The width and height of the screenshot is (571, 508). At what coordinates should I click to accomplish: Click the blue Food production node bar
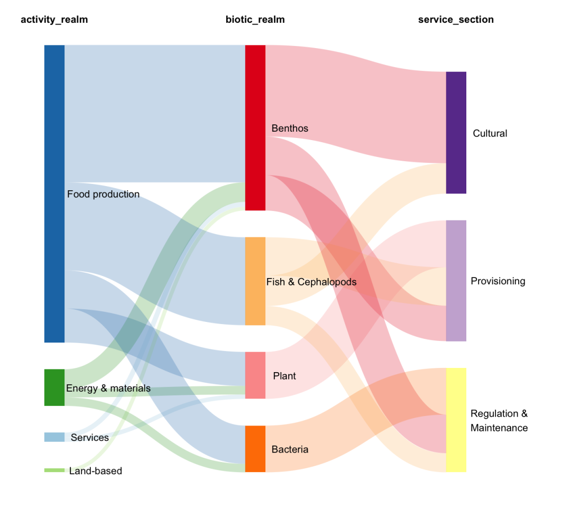pyautogui.click(x=54, y=193)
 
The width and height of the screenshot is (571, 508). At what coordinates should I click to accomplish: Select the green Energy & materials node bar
pyautogui.click(x=54, y=387)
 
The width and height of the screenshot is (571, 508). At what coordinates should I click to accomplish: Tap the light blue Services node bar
pyautogui.click(x=54, y=437)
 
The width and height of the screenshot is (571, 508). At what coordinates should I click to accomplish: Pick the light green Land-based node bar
pyautogui.click(x=54, y=470)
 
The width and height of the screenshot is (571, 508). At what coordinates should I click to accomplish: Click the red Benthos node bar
pyautogui.click(x=255, y=127)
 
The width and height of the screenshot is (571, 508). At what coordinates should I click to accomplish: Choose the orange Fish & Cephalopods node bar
pyautogui.click(x=255, y=281)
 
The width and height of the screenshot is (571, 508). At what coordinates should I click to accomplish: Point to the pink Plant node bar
pyautogui.click(x=255, y=375)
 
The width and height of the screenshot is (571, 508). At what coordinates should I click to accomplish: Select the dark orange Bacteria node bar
pyautogui.click(x=255, y=449)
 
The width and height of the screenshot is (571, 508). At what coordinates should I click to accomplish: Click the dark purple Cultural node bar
pyautogui.click(x=456, y=133)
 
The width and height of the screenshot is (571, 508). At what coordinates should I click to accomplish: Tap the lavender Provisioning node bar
pyautogui.click(x=456, y=281)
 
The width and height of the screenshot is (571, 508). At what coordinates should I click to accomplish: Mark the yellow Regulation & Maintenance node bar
pyautogui.click(x=456, y=420)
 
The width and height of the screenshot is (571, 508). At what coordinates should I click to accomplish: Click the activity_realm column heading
pyautogui.click(x=54, y=20)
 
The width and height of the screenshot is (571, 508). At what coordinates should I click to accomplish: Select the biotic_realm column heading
pyautogui.click(x=255, y=20)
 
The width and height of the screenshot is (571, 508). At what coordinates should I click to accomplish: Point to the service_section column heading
pyautogui.click(x=456, y=20)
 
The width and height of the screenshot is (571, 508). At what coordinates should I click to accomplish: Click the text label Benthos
pyautogui.click(x=290, y=128)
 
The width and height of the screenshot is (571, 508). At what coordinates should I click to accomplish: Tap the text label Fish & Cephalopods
pyautogui.click(x=311, y=282)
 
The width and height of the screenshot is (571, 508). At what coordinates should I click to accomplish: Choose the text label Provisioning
pyautogui.click(x=498, y=281)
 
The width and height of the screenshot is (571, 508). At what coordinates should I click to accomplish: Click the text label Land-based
pyautogui.click(x=96, y=471)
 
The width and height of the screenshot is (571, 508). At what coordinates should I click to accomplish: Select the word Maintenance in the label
pyautogui.click(x=499, y=428)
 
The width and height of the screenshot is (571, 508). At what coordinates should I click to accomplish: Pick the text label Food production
pyautogui.click(x=103, y=195)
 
